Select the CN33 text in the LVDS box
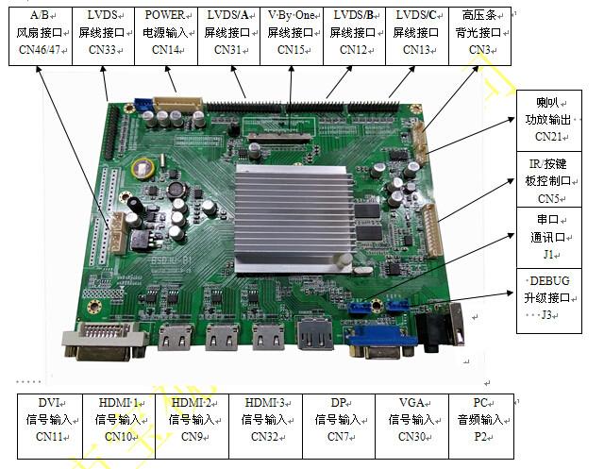[103, 50]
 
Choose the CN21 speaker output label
[549, 121]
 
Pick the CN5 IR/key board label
[549, 179]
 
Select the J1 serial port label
[549, 238]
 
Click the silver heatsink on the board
[294, 218]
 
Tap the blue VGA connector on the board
[381, 342]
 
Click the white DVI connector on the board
[105, 342]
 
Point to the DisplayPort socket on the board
[314, 334]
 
